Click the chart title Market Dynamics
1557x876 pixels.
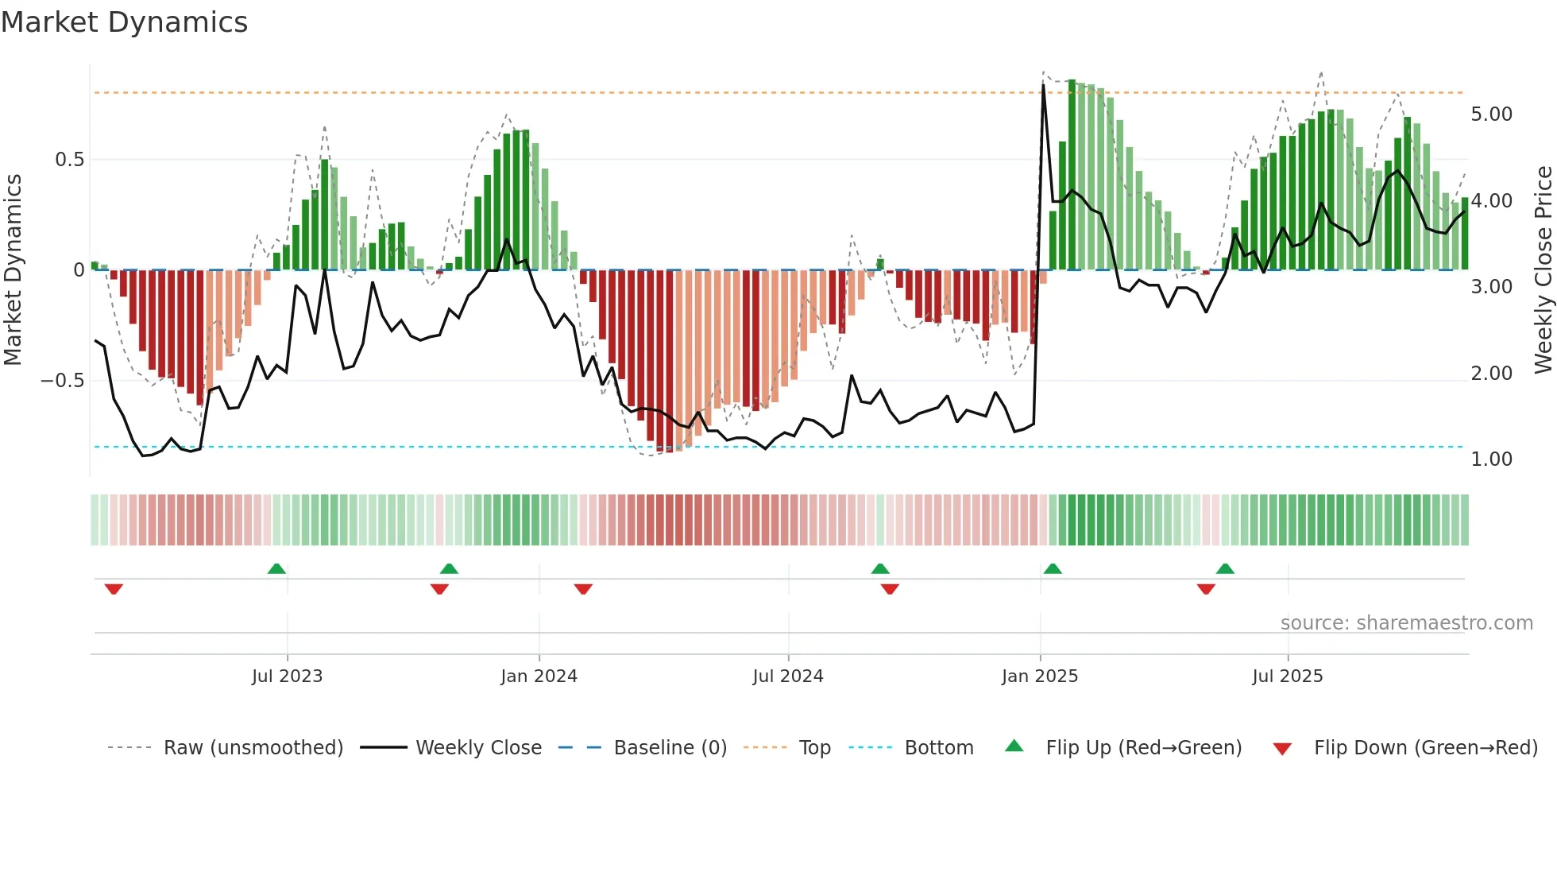(x=125, y=22)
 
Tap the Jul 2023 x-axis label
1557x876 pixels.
(x=287, y=676)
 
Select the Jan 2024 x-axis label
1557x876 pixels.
(x=539, y=676)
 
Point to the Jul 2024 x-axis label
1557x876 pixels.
(x=787, y=676)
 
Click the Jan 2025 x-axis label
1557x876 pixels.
(x=1039, y=676)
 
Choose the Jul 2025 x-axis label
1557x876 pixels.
(x=1287, y=676)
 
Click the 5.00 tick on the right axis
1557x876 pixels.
(x=1491, y=114)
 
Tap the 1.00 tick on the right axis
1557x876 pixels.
(x=1491, y=459)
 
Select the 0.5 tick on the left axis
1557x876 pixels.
(x=69, y=160)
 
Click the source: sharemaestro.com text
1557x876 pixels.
(x=1406, y=623)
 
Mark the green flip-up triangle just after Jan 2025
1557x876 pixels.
(x=1053, y=569)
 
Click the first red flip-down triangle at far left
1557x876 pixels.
(x=114, y=589)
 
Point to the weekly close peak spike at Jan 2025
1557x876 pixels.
(x=1043, y=86)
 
